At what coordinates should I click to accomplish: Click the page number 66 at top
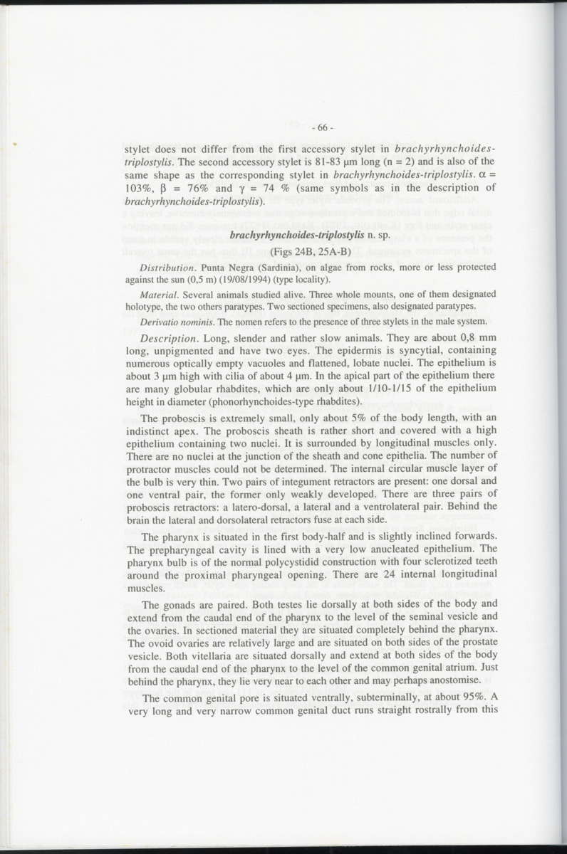point(323,128)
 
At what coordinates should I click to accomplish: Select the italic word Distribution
point(164,268)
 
